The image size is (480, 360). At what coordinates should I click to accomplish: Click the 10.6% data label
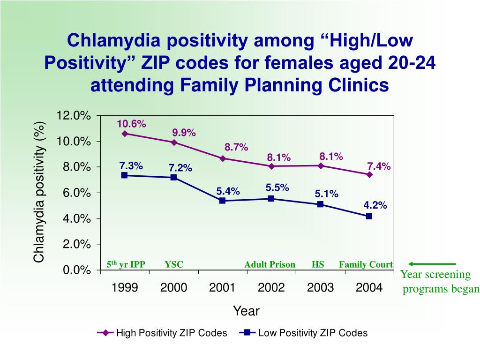tap(131, 124)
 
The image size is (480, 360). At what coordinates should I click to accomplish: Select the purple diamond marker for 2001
tap(223, 158)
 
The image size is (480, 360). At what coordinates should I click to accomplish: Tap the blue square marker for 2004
tap(369, 216)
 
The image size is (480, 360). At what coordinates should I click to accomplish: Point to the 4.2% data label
tap(375, 205)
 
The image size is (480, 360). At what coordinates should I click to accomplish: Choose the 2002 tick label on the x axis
tap(271, 287)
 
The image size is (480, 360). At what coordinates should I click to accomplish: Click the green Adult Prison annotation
tap(270, 264)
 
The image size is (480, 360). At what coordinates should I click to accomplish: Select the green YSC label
tap(174, 264)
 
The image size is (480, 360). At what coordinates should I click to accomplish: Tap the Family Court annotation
tap(366, 264)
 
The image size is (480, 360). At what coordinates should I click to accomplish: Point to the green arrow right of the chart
tap(431, 264)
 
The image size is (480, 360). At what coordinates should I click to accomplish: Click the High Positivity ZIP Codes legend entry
tap(162, 333)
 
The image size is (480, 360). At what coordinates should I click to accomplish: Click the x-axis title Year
tap(246, 311)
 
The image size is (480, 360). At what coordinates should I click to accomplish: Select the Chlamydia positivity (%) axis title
tap(39, 192)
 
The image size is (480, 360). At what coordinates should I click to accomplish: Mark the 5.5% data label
tap(277, 187)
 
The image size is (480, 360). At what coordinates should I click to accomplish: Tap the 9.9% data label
tap(184, 133)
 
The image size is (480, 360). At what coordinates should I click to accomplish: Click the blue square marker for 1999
tap(125, 175)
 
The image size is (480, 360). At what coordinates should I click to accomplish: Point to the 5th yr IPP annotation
tap(126, 264)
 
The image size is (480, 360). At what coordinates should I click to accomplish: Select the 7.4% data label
tap(379, 166)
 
